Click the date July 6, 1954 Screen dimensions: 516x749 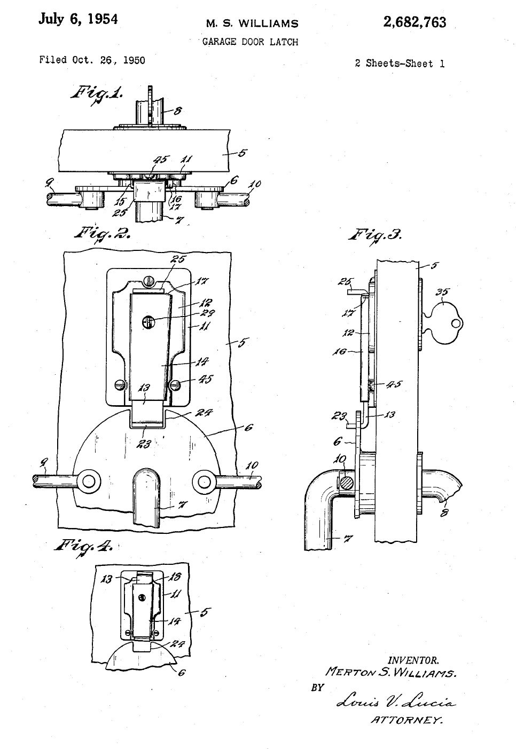[x=78, y=19]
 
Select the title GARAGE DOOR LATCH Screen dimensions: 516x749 [x=250, y=42]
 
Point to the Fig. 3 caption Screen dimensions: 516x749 [x=375, y=235]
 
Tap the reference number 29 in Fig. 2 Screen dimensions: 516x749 [x=207, y=313]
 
